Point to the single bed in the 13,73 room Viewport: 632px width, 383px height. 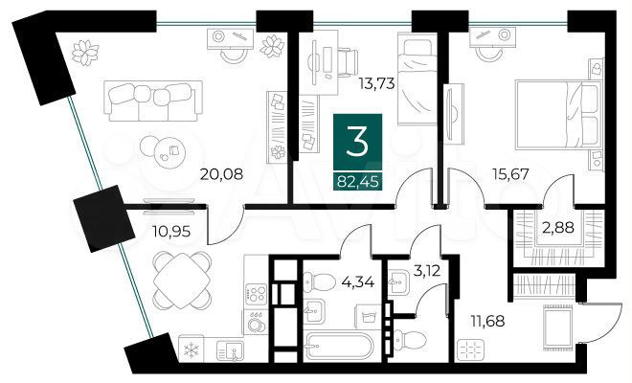click(x=417, y=80)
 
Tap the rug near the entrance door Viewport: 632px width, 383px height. click(x=555, y=328)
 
